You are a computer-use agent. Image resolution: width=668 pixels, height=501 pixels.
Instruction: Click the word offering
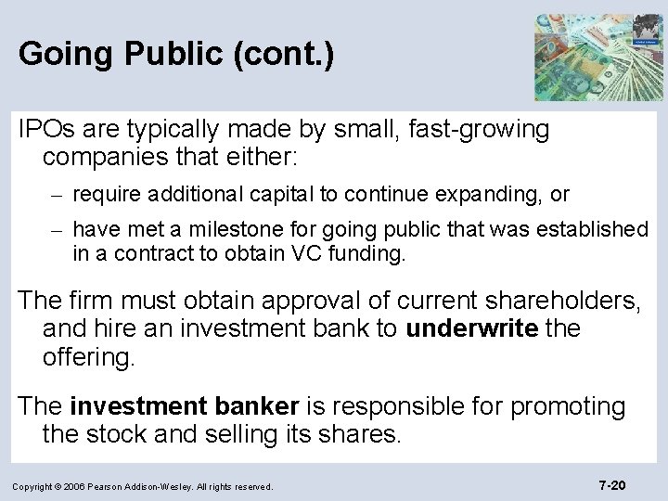click(88, 357)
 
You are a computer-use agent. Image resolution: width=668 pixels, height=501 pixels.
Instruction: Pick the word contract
click(132, 253)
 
